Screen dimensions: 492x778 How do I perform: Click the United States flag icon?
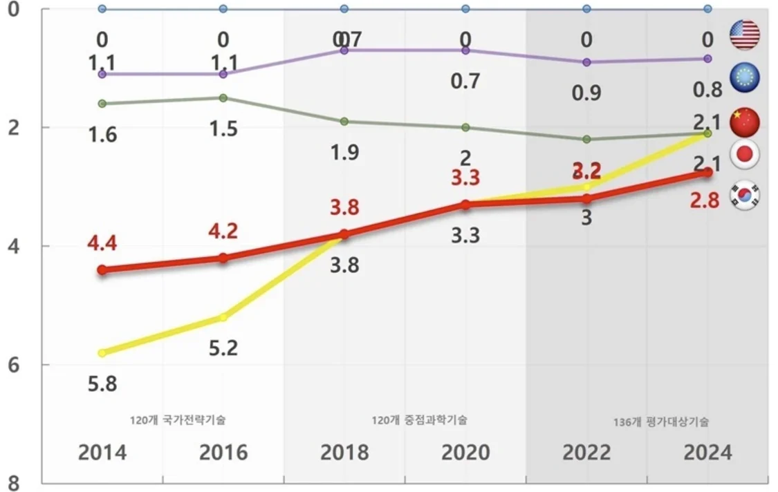pyautogui.click(x=745, y=35)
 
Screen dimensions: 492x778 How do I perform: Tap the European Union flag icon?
pyautogui.click(x=745, y=78)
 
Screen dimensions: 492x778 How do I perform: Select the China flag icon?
pyautogui.click(x=745, y=121)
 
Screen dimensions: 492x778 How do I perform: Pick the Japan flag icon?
pyautogui.click(x=745, y=155)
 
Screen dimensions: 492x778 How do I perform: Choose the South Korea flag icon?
pyautogui.click(x=745, y=196)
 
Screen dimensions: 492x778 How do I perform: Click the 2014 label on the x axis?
pyautogui.click(x=102, y=453)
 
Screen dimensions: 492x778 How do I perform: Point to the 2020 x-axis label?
pyautogui.click(x=465, y=453)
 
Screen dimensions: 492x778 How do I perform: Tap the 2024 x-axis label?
pyautogui.click(x=707, y=453)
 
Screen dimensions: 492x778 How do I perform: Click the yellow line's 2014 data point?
pyautogui.click(x=102, y=353)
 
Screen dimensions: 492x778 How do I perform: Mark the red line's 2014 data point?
pyautogui.click(x=102, y=270)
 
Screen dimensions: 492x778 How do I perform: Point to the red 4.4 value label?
pyautogui.click(x=102, y=244)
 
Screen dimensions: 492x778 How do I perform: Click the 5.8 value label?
pyautogui.click(x=102, y=384)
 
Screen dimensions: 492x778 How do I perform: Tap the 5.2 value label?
pyautogui.click(x=223, y=348)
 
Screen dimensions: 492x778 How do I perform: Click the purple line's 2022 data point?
pyautogui.click(x=586, y=62)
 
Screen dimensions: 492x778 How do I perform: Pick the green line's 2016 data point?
pyautogui.click(x=223, y=97)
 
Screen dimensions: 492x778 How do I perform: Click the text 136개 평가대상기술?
pyautogui.click(x=660, y=422)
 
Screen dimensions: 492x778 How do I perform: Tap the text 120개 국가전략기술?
pyautogui.click(x=178, y=419)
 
